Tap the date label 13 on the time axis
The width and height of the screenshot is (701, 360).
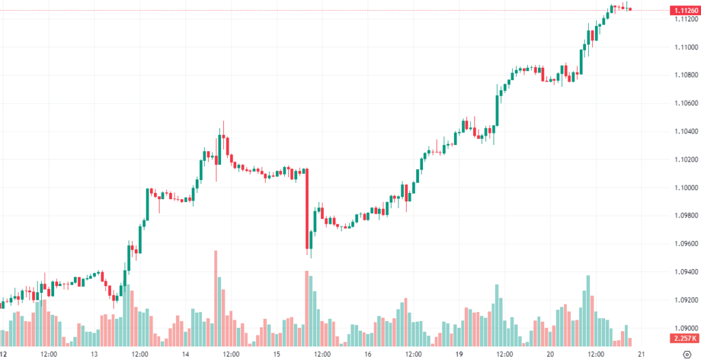[94, 355]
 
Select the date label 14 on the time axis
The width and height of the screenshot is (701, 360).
[186, 355]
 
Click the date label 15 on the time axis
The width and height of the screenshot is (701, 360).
[277, 355]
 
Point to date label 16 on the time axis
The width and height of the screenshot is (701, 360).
[368, 355]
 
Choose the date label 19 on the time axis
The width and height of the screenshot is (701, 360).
[459, 355]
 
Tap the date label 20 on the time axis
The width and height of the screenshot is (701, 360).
[550, 355]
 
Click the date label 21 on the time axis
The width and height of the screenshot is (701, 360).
[641, 355]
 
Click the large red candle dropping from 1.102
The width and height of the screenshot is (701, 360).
[307, 208]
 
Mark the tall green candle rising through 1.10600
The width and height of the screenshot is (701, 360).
[497, 110]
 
